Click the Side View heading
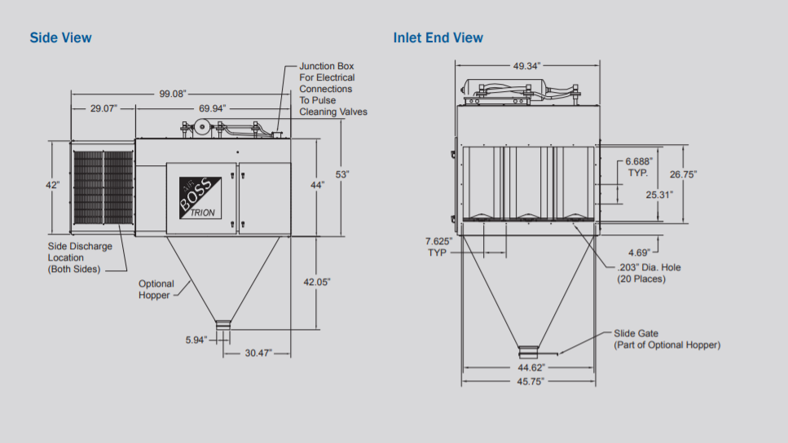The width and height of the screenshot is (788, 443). (60, 37)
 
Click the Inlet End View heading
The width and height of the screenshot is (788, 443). (438, 37)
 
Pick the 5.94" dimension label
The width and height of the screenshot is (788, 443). (197, 340)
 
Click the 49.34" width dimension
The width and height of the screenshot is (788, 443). (526, 65)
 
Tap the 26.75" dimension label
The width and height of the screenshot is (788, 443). (683, 174)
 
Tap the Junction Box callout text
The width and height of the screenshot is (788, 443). (333, 89)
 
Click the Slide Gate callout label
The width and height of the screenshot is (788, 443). (667, 339)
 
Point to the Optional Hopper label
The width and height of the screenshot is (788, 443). (156, 289)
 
